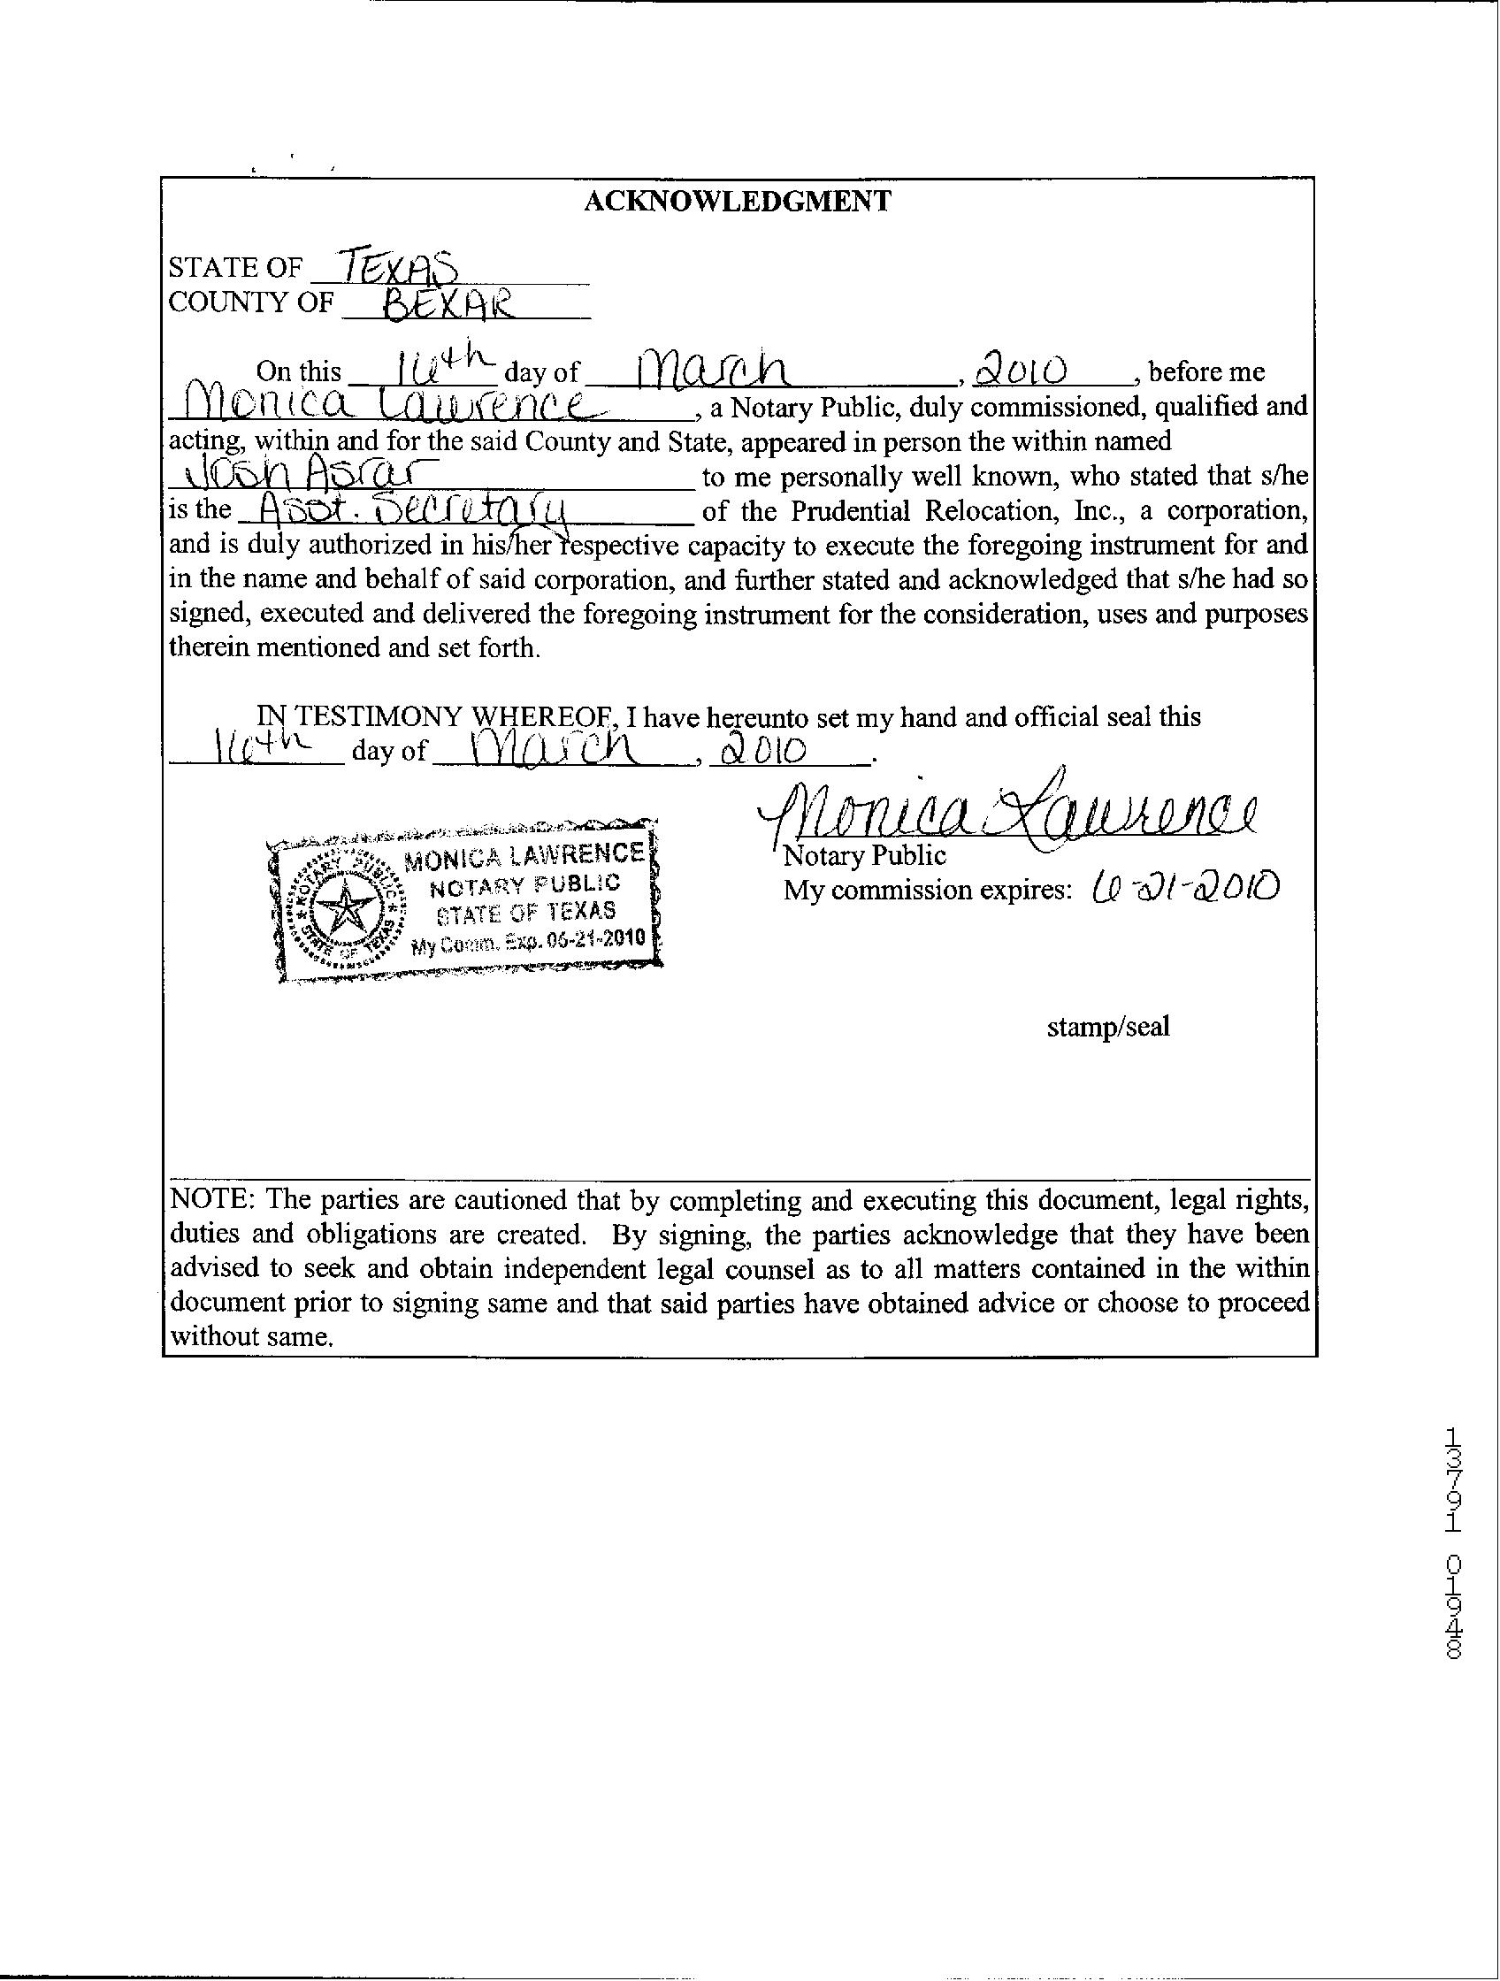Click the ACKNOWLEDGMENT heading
[x=737, y=201]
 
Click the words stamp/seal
[x=1108, y=1027]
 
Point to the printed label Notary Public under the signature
[x=864, y=855]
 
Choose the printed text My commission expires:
[x=928, y=891]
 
